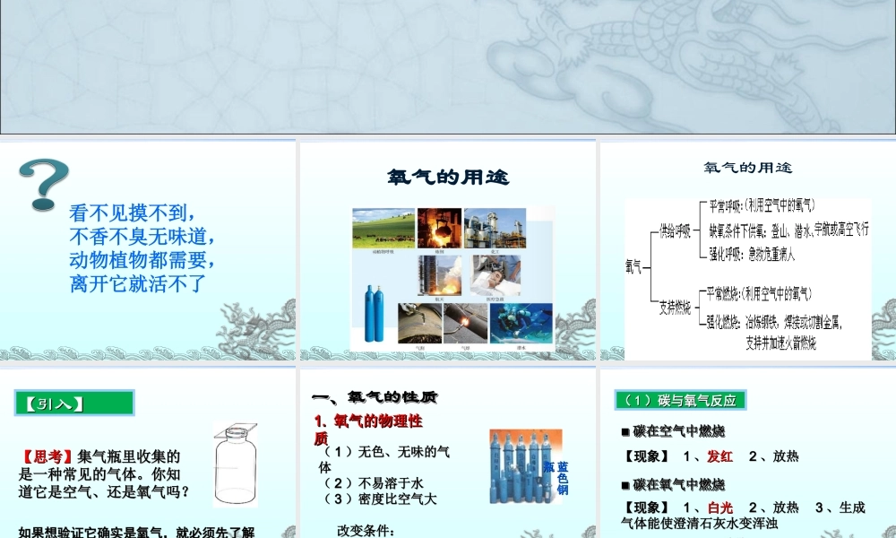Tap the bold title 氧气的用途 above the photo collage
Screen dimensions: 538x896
(x=448, y=178)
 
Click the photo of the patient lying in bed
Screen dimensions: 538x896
(x=521, y=276)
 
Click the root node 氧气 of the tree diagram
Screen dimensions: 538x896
(x=633, y=265)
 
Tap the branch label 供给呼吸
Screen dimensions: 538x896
(x=674, y=231)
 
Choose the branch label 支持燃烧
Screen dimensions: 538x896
(x=674, y=307)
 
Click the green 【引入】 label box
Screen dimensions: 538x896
(x=74, y=403)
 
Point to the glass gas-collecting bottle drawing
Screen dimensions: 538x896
(x=236, y=464)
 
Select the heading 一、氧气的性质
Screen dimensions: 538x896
(x=374, y=397)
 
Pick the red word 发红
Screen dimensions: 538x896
(x=719, y=456)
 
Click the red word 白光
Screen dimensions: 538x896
(x=719, y=508)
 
